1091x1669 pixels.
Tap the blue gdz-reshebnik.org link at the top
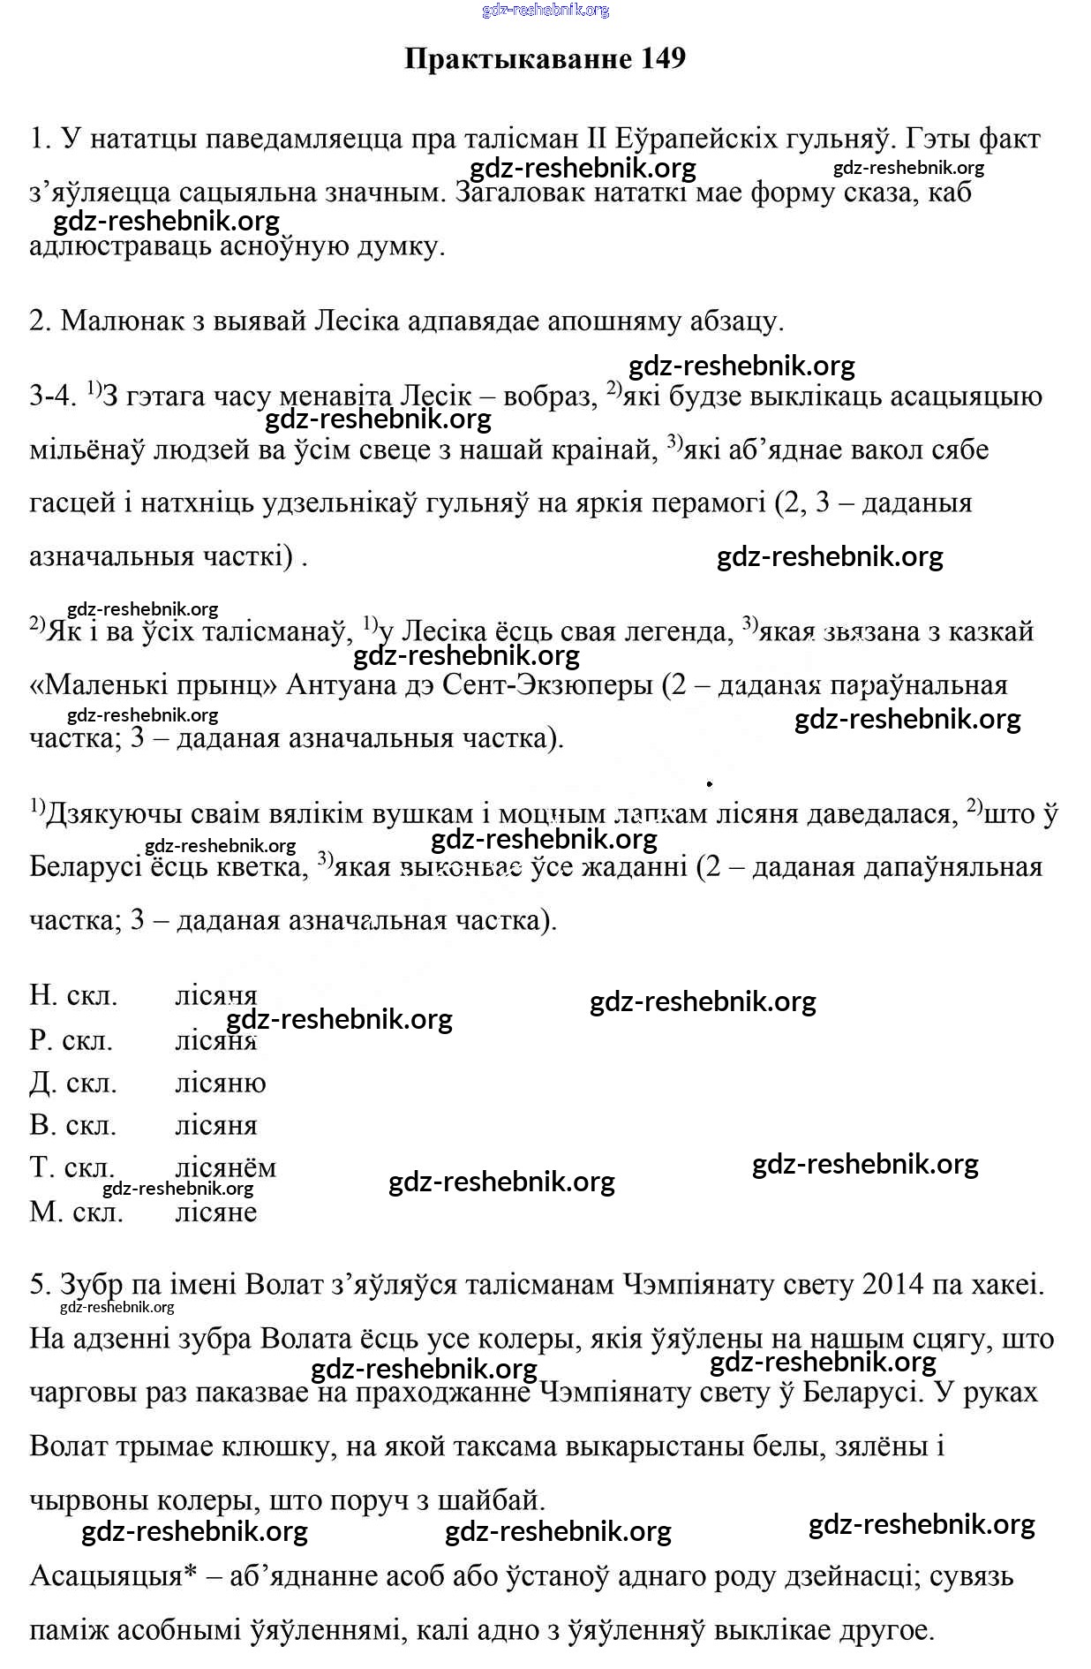tap(545, 11)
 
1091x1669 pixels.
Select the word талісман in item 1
tap(520, 139)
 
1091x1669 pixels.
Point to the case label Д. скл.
tap(73, 1083)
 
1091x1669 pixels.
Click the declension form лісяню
tap(220, 1083)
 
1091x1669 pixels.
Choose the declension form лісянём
tap(225, 1167)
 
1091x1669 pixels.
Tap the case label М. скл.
tap(76, 1212)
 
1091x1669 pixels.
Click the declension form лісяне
tap(216, 1212)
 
